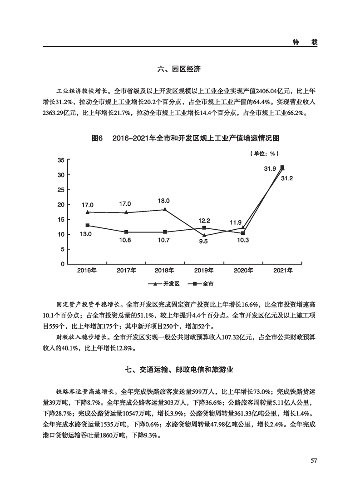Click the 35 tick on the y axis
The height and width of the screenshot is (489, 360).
[x=60, y=160]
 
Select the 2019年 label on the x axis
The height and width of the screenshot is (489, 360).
[x=204, y=271]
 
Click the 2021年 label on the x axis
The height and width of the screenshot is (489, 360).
[x=282, y=271]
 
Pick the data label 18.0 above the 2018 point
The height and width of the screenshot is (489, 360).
[x=163, y=201]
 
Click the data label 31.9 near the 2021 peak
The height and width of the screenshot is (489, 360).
[x=270, y=169]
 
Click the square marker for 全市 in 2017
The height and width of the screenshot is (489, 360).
[x=126, y=232]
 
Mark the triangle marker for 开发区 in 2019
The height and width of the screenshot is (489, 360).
[x=204, y=235]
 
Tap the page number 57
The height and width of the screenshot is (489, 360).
[x=313, y=461]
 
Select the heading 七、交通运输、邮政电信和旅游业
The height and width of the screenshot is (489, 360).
[x=179, y=370]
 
